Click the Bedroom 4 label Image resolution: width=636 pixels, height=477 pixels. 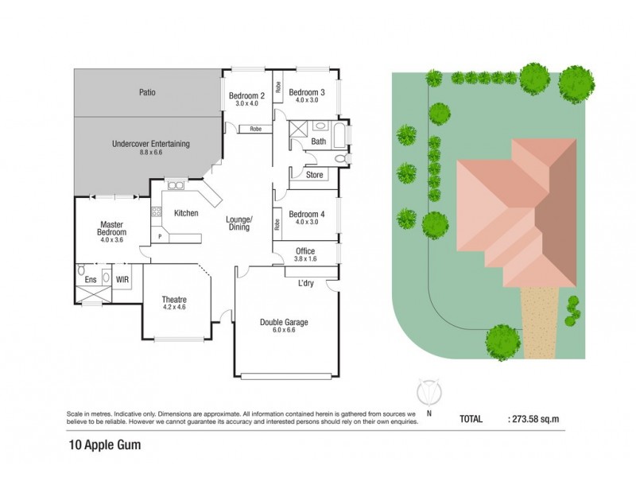[x=307, y=214]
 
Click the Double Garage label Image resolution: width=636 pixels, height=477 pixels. [x=284, y=322]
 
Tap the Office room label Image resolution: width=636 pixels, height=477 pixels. [x=305, y=252]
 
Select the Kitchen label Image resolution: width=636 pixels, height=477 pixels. [x=185, y=213]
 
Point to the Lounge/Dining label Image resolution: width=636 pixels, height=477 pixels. [x=238, y=223]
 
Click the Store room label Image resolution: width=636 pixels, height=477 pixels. [x=314, y=174]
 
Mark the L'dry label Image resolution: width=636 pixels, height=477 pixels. [x=306, y=284]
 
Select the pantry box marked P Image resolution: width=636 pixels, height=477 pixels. [x=160, y=236]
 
